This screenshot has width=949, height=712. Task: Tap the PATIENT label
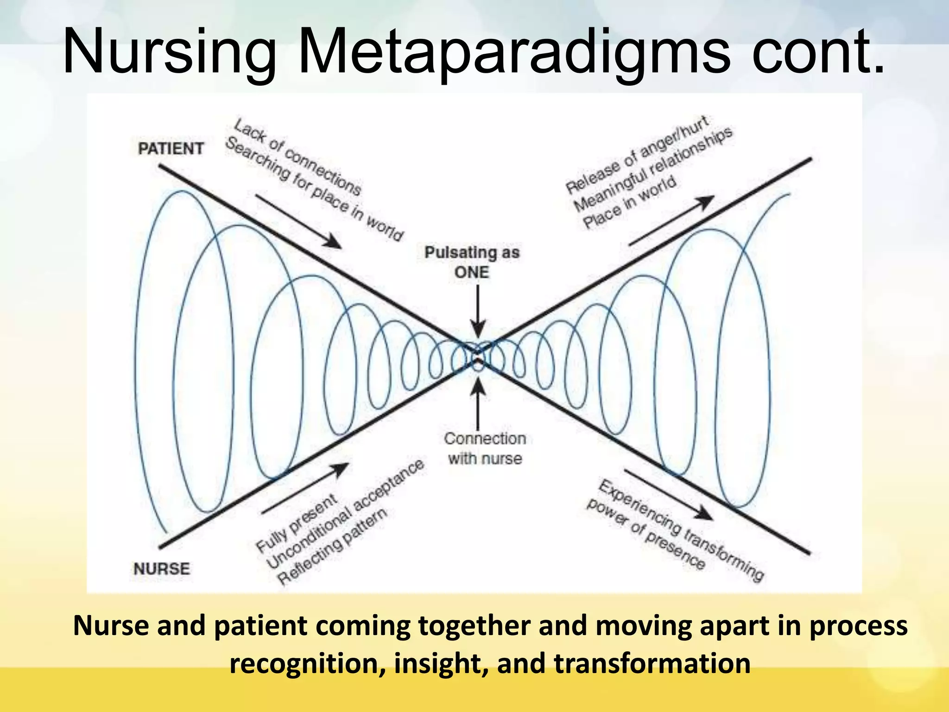(x=171, y=149)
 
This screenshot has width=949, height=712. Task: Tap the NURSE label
(x=162, y=569)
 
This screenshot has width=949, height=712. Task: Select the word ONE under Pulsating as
(x=472, y=273)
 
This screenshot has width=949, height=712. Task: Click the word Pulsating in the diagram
(x=453, y=253)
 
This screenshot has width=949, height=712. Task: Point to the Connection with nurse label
(x=485, y=448)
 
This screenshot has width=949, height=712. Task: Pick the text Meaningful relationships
(x=653, y=169)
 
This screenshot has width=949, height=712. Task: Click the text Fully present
(x=297, y=524)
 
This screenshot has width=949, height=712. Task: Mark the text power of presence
(x=646, y=534)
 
